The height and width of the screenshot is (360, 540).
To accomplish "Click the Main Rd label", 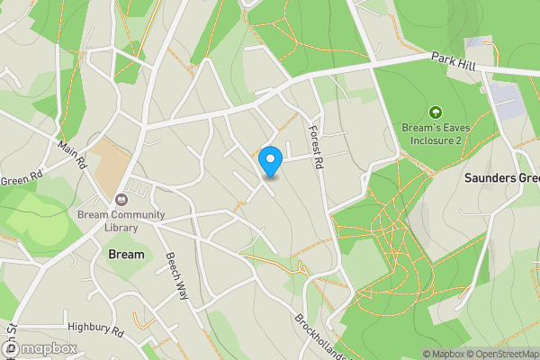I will pyautogui.click(x=71, y=152).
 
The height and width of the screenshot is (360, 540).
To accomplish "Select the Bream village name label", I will pyautogui.click(x=126, y=255).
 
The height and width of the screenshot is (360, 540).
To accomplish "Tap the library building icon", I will pyautogui.click(x=122, y=198).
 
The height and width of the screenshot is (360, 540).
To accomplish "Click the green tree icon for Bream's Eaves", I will pyautogui.click(x=436, y=112).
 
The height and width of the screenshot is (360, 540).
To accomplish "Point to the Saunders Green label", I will pyautogui.click(x=501, y=178).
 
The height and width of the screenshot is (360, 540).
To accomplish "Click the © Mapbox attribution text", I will pyautogui.click(x=442, y=354).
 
